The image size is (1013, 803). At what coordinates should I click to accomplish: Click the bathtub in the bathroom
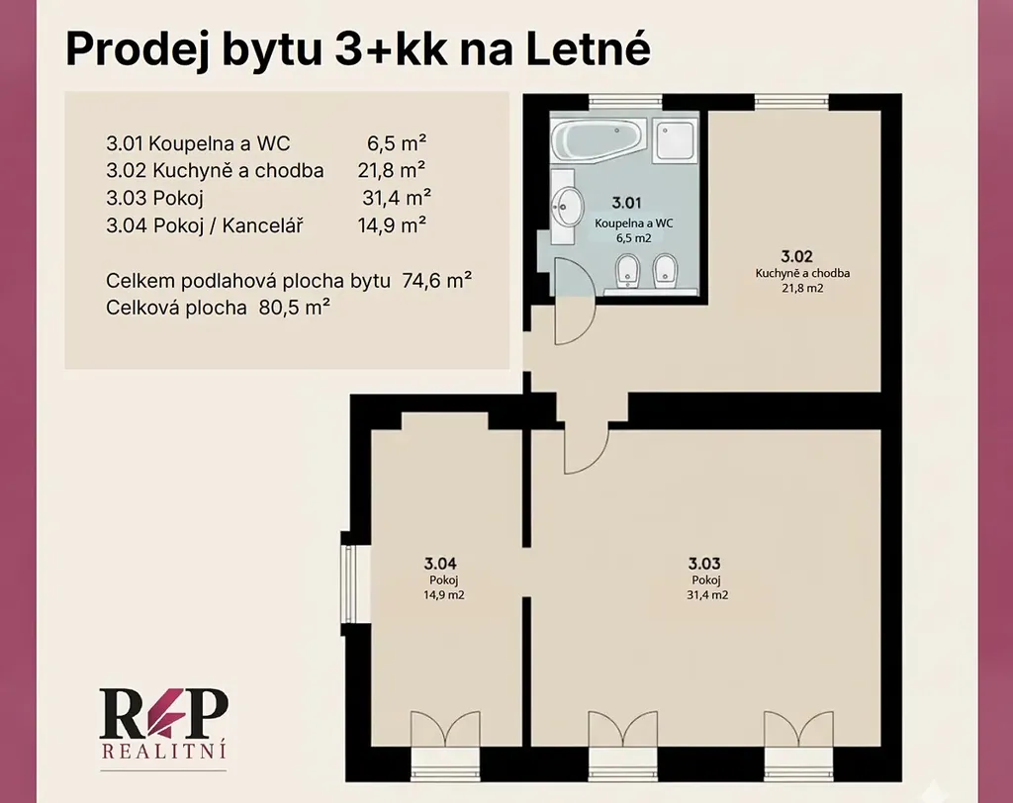tap(599, 136)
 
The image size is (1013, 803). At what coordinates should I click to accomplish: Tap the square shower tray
tap(675, 139)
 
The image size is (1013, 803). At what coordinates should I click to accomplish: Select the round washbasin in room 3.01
tap(567, 207)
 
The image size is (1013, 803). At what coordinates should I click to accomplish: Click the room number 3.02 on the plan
tap(796, 256)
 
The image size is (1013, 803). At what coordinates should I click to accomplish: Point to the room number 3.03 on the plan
tap(704, 564)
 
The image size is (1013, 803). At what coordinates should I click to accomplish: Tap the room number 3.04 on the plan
tap(440, 564)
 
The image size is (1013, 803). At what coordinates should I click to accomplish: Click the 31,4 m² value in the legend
tap(397, 197)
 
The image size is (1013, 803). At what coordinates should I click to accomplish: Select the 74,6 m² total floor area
tap(436, 281)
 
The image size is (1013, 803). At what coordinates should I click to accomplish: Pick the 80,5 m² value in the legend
tap(295, 307)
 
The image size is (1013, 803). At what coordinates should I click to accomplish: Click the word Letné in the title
tap(588, 48)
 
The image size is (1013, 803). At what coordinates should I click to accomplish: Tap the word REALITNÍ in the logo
tap(164, 752)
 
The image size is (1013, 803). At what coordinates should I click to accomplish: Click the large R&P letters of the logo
tap(163, 713)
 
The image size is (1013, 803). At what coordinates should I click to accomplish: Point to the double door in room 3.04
tap(445, 730)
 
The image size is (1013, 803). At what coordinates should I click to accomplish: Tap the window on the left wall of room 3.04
tap(348, 583)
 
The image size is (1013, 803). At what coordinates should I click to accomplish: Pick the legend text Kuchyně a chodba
tap(237, 170)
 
